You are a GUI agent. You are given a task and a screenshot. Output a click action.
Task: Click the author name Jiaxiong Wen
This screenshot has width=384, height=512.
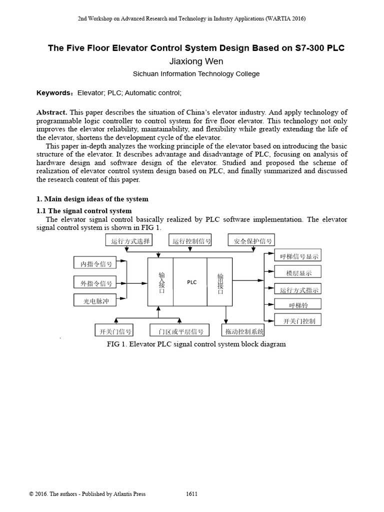coord(196,61)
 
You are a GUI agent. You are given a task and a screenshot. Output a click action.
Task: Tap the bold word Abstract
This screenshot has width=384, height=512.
coord(51,112)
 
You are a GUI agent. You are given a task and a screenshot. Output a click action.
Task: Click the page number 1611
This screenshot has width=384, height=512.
coord(191,494)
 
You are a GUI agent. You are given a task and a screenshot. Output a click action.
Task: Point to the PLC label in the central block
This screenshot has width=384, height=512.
coord(192,282)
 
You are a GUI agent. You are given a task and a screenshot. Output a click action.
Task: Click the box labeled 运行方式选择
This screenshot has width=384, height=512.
coord(128,241)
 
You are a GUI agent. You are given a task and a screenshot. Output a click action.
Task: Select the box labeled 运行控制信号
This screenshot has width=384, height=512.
coord(191,241)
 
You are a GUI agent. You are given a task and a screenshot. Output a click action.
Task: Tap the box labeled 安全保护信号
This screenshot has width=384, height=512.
coord(252,241)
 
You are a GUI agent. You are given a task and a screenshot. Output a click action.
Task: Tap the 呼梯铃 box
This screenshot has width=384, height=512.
coord(297,304)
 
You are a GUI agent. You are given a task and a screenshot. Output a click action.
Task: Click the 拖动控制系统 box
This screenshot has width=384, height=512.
coord(243,331)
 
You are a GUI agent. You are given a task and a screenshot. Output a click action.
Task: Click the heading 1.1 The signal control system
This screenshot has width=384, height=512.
coord(84,211)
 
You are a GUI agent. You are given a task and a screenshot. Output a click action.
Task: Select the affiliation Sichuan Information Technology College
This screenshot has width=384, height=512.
coord(196,74)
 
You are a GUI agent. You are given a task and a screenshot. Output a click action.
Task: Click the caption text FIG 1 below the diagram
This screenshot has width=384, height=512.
coord(196,344)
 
